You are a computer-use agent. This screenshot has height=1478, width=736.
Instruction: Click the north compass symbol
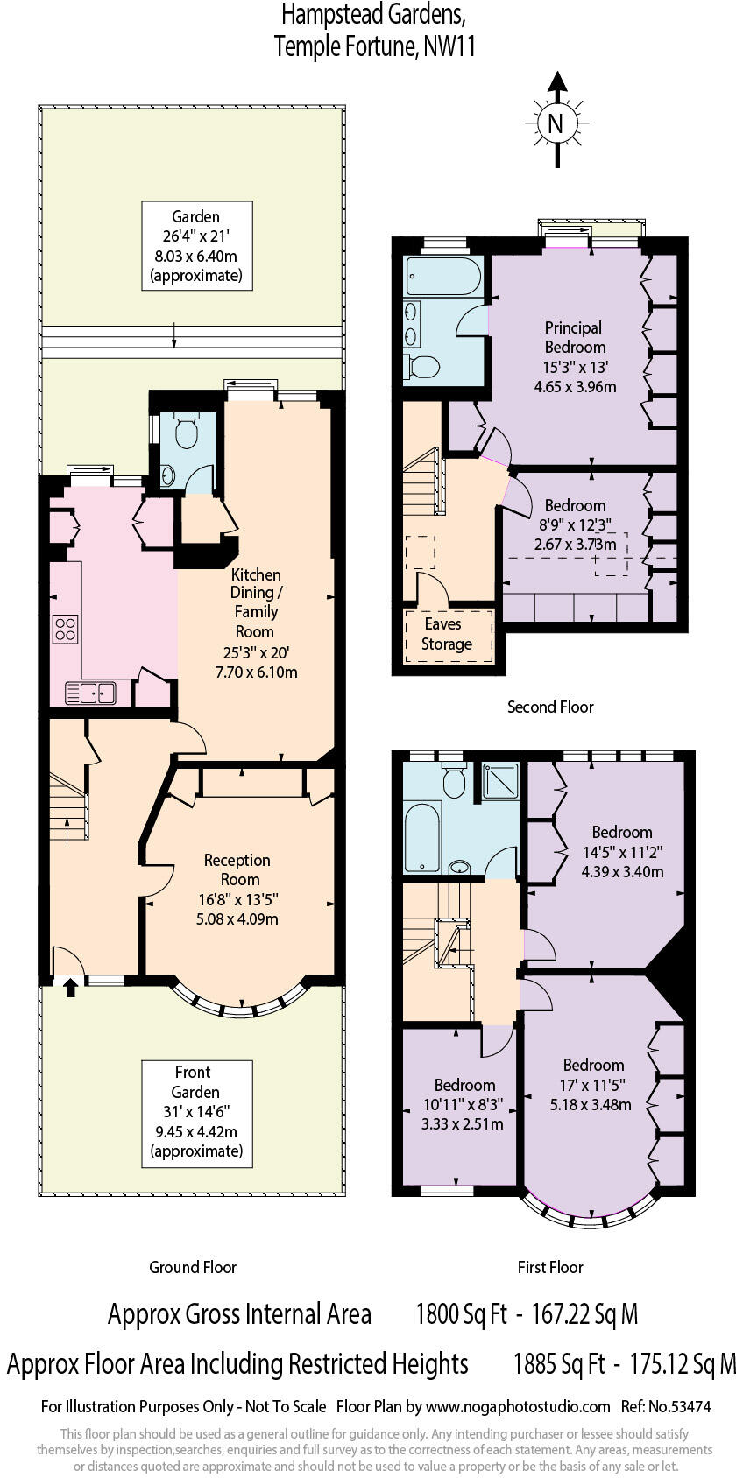click(555, 123)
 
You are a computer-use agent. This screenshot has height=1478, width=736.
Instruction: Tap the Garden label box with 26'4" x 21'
click(196, 246)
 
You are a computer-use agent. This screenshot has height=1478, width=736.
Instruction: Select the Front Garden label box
click(196, 1112)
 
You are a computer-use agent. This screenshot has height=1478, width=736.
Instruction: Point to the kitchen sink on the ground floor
click(90, 693)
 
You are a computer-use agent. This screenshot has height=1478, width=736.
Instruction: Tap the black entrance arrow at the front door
click(70, 988)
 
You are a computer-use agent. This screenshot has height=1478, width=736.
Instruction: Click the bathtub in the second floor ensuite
click(443, 278)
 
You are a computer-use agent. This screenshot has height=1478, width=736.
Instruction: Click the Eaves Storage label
click(447, 635)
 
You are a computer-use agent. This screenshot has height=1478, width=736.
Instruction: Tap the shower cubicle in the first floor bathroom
click(500, 780)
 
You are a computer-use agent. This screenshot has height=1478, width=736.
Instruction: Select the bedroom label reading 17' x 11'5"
click(593, 1084)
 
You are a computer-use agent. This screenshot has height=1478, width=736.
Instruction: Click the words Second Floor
click(550, 707)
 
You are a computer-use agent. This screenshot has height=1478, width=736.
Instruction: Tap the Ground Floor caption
click(193, 1267)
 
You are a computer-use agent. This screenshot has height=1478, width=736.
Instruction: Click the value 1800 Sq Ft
click(461, 1314)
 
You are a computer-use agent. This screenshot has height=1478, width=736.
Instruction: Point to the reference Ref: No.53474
click(665, 1407)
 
